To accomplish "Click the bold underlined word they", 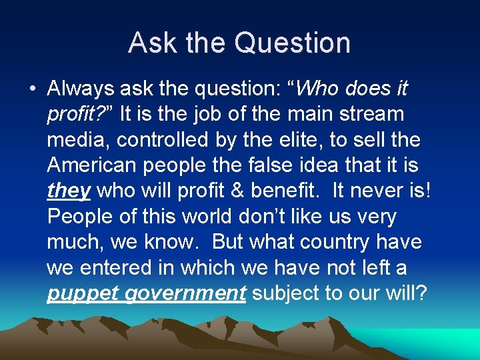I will (69, 191).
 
